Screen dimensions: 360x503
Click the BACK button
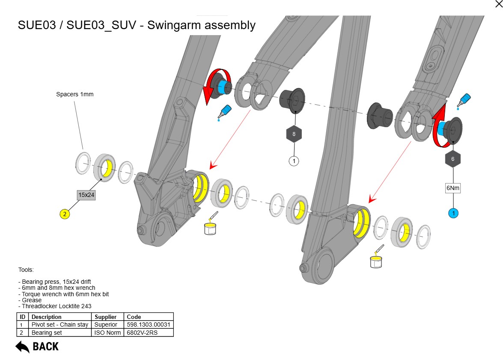[37, 346]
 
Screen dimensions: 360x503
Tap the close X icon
[498, 4]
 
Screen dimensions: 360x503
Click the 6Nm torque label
[453, 187]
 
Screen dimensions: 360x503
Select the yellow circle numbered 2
[65, 214]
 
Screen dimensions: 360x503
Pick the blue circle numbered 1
[453, 213]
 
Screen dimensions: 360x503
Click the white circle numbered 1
[294, 161]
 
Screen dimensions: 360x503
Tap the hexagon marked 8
[294, 134]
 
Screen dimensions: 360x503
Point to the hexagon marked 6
[453, 159]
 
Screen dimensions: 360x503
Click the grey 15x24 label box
[86, 195]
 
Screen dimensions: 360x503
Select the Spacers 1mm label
[74, 94]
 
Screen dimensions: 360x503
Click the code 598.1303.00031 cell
[148, 325]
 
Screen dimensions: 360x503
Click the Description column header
[47, 317]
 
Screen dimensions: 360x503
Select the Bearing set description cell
[47, 333]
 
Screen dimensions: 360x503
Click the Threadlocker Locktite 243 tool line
[55, 306]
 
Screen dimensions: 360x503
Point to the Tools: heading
[26, 270]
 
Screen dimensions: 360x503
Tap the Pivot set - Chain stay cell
[60, 325]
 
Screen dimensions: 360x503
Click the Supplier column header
[106, 317]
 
